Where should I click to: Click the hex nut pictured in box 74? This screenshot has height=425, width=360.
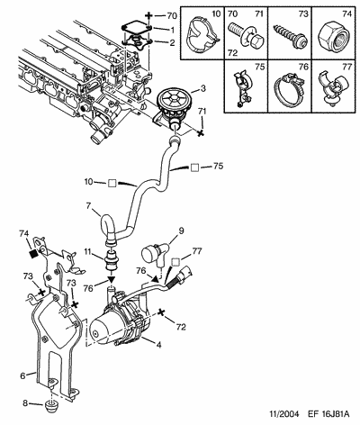[x=334, y=38]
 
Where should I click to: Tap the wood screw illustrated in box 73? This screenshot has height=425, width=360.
[x=290, y=37]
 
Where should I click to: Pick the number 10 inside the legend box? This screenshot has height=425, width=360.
[x=216, y=14]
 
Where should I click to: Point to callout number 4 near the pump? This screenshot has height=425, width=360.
[x=158, y=345]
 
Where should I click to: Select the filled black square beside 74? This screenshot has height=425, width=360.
[x=33, y=254]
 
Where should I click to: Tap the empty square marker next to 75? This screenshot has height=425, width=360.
[x=194, y=167]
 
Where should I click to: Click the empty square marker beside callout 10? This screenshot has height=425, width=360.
[x=112, y=183]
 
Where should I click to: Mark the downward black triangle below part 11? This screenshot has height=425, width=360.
[x=112, y=280]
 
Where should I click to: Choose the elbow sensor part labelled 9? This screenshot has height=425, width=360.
[x=155, y=253]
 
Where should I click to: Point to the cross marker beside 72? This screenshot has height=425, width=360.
[x=161, y=312]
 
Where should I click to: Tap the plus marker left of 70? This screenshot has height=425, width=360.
[x=148, y=15]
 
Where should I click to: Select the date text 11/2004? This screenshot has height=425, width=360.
[x=284, y=414]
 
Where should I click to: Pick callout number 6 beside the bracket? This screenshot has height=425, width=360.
[x=22, y=375]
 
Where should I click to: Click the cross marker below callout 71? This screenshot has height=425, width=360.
[x=200, y=133]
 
